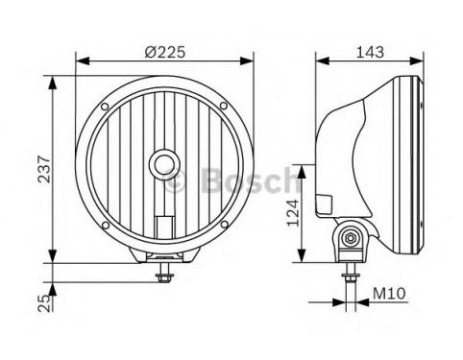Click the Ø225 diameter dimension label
point(164,52)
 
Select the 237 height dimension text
point(44,169)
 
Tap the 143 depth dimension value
point(370,52)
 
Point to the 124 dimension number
point(293,213)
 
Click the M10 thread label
point(389,293)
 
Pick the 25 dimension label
point(44,303)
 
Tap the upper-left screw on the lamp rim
point(105,107)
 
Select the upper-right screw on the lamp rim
point(224,106)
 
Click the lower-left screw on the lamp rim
point(106,225)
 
